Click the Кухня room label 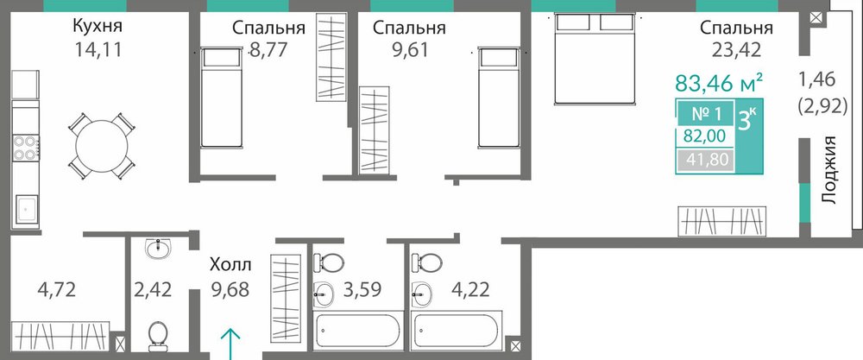98,27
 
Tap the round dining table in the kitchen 102,147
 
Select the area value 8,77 268,51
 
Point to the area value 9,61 408,51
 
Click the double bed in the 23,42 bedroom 595,59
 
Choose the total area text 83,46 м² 719,84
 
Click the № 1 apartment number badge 705,115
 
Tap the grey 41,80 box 705,161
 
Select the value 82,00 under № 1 704,136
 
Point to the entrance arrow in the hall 231,344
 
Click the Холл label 230,265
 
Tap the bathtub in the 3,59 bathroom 358,331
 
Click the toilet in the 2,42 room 158,335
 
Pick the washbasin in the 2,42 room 159,249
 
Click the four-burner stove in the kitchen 25,148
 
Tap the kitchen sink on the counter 26,210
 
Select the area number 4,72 56,288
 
